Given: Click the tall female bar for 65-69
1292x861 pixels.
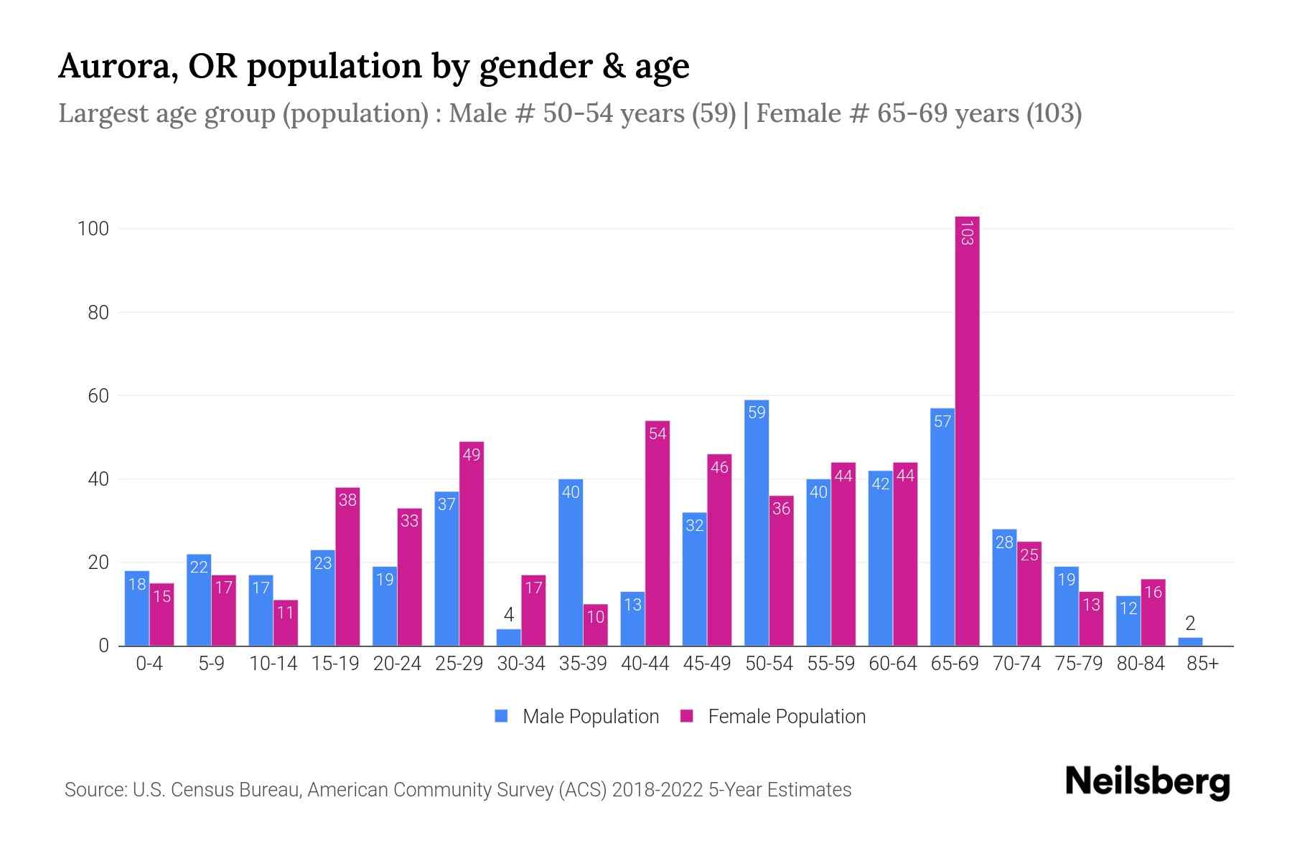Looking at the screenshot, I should [967, 430].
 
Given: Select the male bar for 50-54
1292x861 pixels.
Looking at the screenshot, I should [757, 524].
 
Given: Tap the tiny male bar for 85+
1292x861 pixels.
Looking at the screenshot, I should [1190, 641].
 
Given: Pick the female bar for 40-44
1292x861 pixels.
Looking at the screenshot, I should [657, 535].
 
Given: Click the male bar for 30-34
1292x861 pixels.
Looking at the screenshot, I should [508, 638].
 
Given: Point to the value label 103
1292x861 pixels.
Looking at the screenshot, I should [967, 233].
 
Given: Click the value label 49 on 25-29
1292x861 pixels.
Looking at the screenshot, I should [472, 455].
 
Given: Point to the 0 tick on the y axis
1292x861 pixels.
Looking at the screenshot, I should [103, 646].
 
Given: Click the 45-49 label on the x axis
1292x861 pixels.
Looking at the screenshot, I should [706, 664].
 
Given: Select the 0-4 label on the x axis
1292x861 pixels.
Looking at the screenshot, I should [149, 664].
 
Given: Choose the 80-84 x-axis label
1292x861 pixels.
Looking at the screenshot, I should [1141, 664].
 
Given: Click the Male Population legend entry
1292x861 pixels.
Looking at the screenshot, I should [590, 717].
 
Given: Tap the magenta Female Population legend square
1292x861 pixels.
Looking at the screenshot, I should [687, 716].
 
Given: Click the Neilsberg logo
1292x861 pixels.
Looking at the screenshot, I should [1147, 782].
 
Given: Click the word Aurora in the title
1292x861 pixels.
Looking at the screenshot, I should [118, 66].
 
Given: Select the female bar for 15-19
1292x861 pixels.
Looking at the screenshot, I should [347, 567].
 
